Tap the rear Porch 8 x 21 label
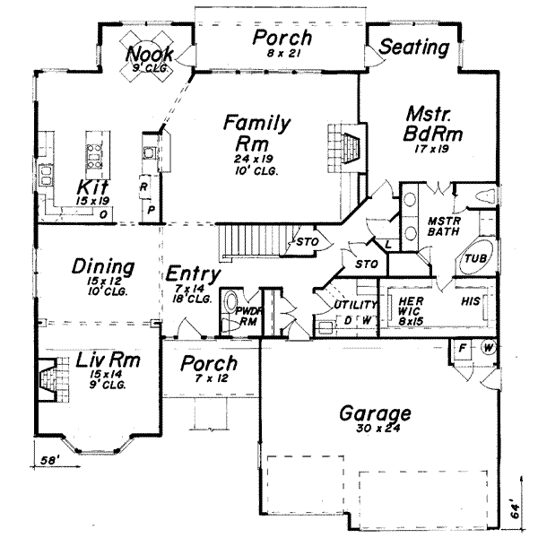282,39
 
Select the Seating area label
414,48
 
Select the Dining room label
103,267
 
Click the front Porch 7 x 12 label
208,364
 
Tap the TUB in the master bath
473,259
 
